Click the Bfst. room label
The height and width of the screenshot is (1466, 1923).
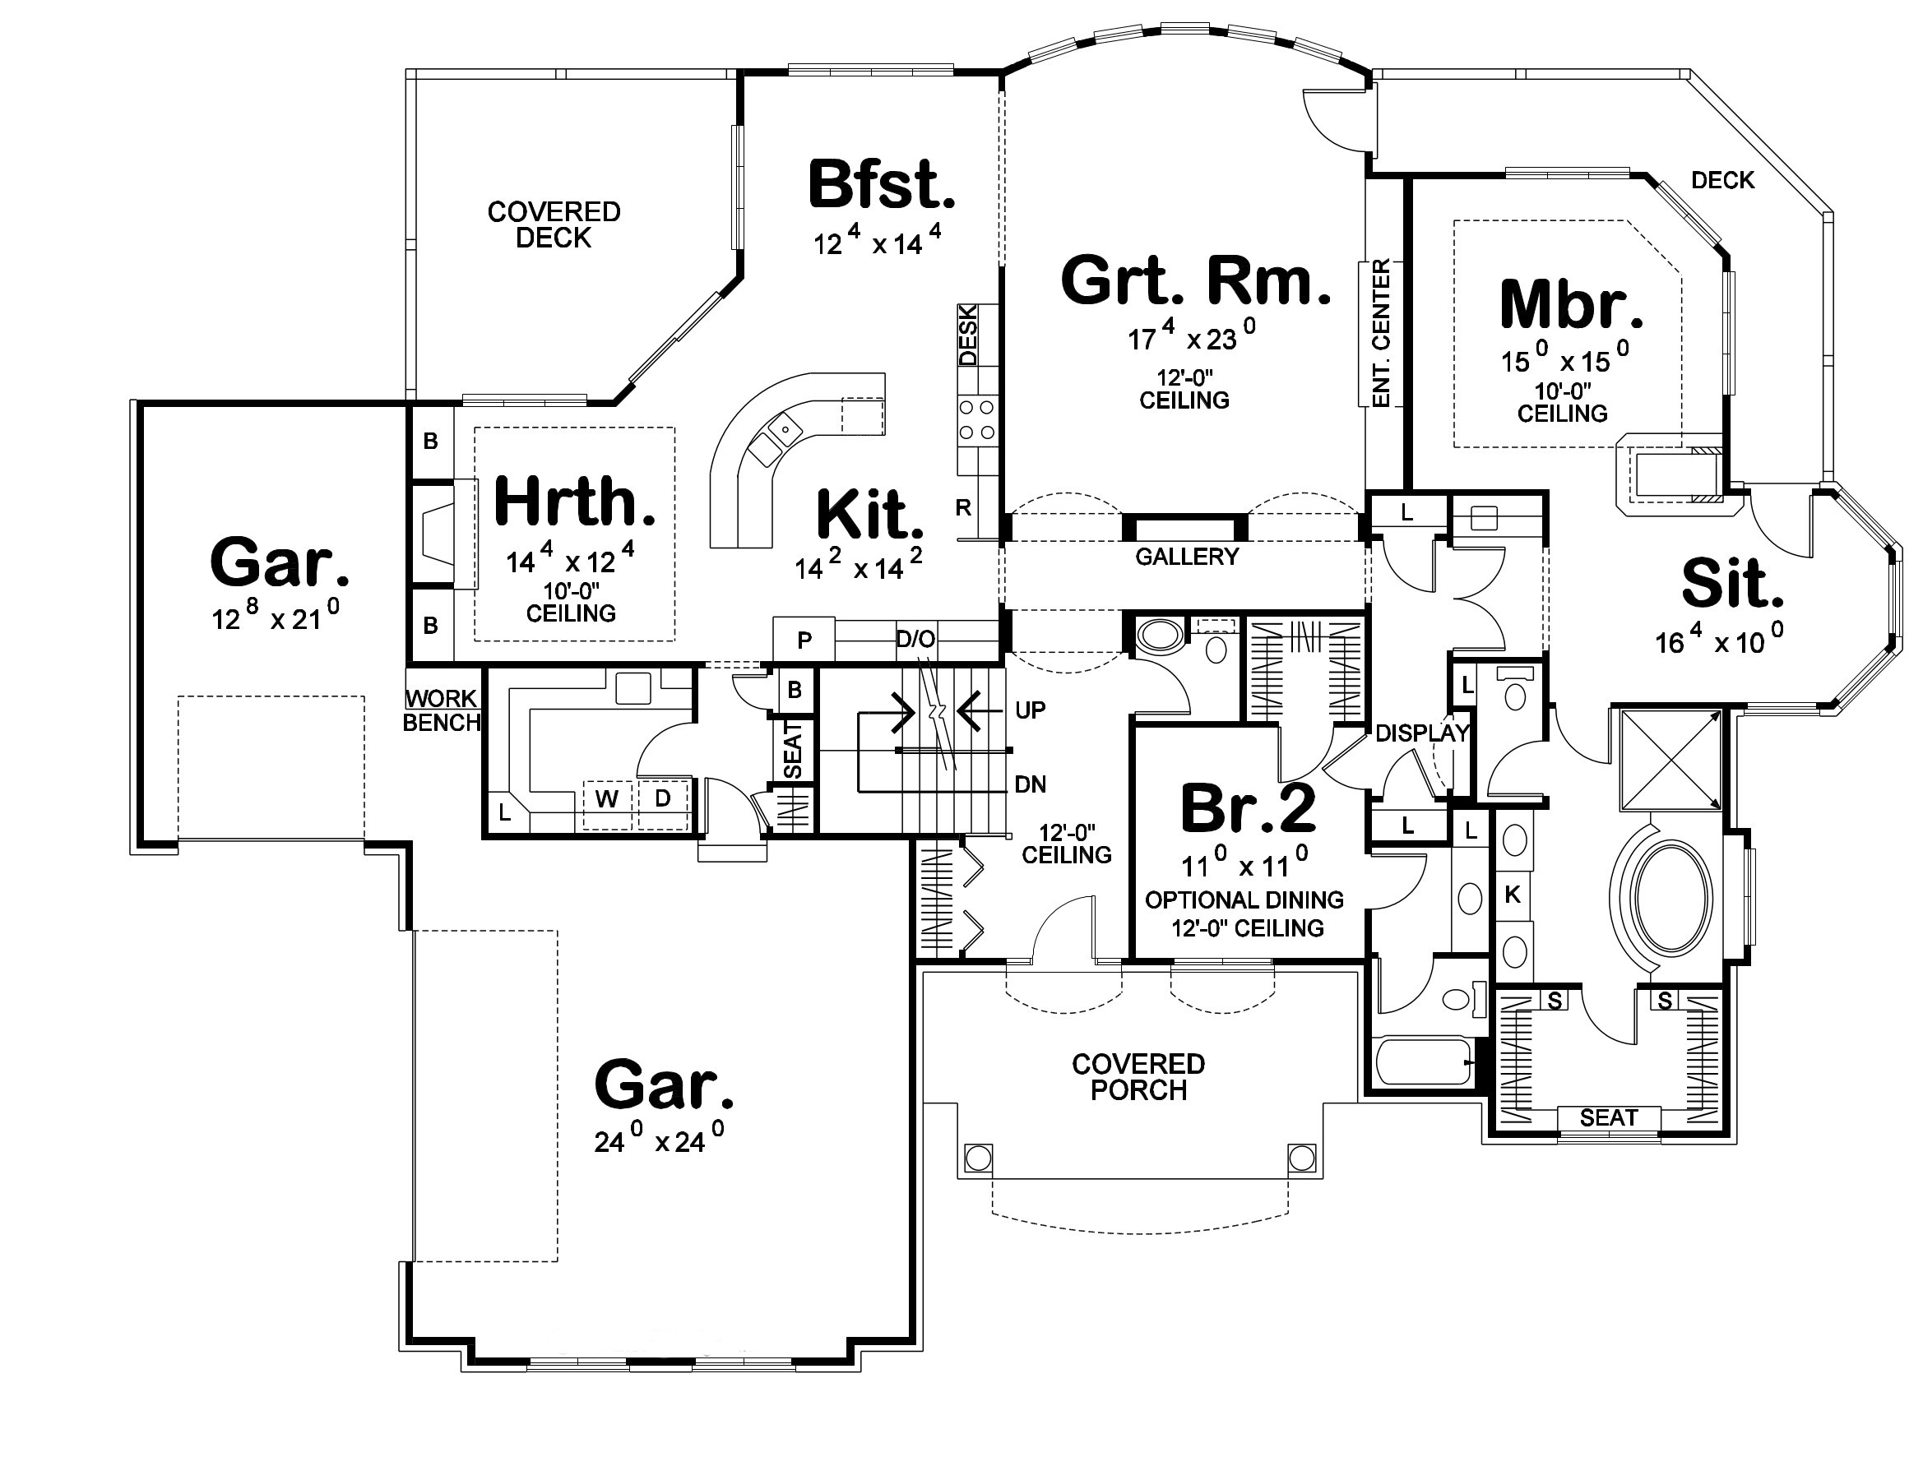tap(881, 185)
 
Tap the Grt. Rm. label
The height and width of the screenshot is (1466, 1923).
tap(1195, 281)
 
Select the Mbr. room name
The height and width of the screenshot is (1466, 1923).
tap(1570, 304)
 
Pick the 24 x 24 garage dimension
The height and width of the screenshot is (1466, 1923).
tap(658, 1140)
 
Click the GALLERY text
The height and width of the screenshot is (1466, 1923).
tap(1186, 557)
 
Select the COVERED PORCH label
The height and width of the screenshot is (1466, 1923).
tap(1138, 1077)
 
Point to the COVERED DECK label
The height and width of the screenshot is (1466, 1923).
tap(554, 224)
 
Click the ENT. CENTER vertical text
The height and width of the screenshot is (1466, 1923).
tap(1381, 332)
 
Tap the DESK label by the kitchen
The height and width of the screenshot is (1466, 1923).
tap(968, 334)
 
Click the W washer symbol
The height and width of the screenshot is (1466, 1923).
tap(607, 798)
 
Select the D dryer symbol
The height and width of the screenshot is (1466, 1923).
tap(663, 798)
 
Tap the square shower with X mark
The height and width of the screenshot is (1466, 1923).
tap(1670, 761)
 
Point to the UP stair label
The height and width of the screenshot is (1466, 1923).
tap(1030, 710)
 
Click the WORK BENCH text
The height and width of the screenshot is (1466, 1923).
tap(442, 710)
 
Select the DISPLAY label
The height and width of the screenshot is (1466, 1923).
tap(1422, 733)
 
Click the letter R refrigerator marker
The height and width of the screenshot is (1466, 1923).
tap(963, 508)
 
